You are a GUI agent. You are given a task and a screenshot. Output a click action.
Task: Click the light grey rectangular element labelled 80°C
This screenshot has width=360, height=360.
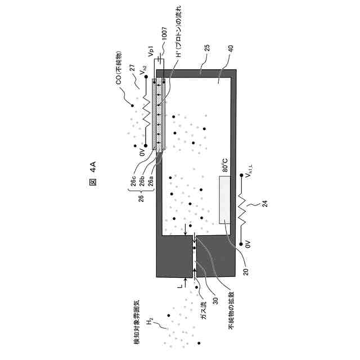pyautogui.click(x=226, y=199)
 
